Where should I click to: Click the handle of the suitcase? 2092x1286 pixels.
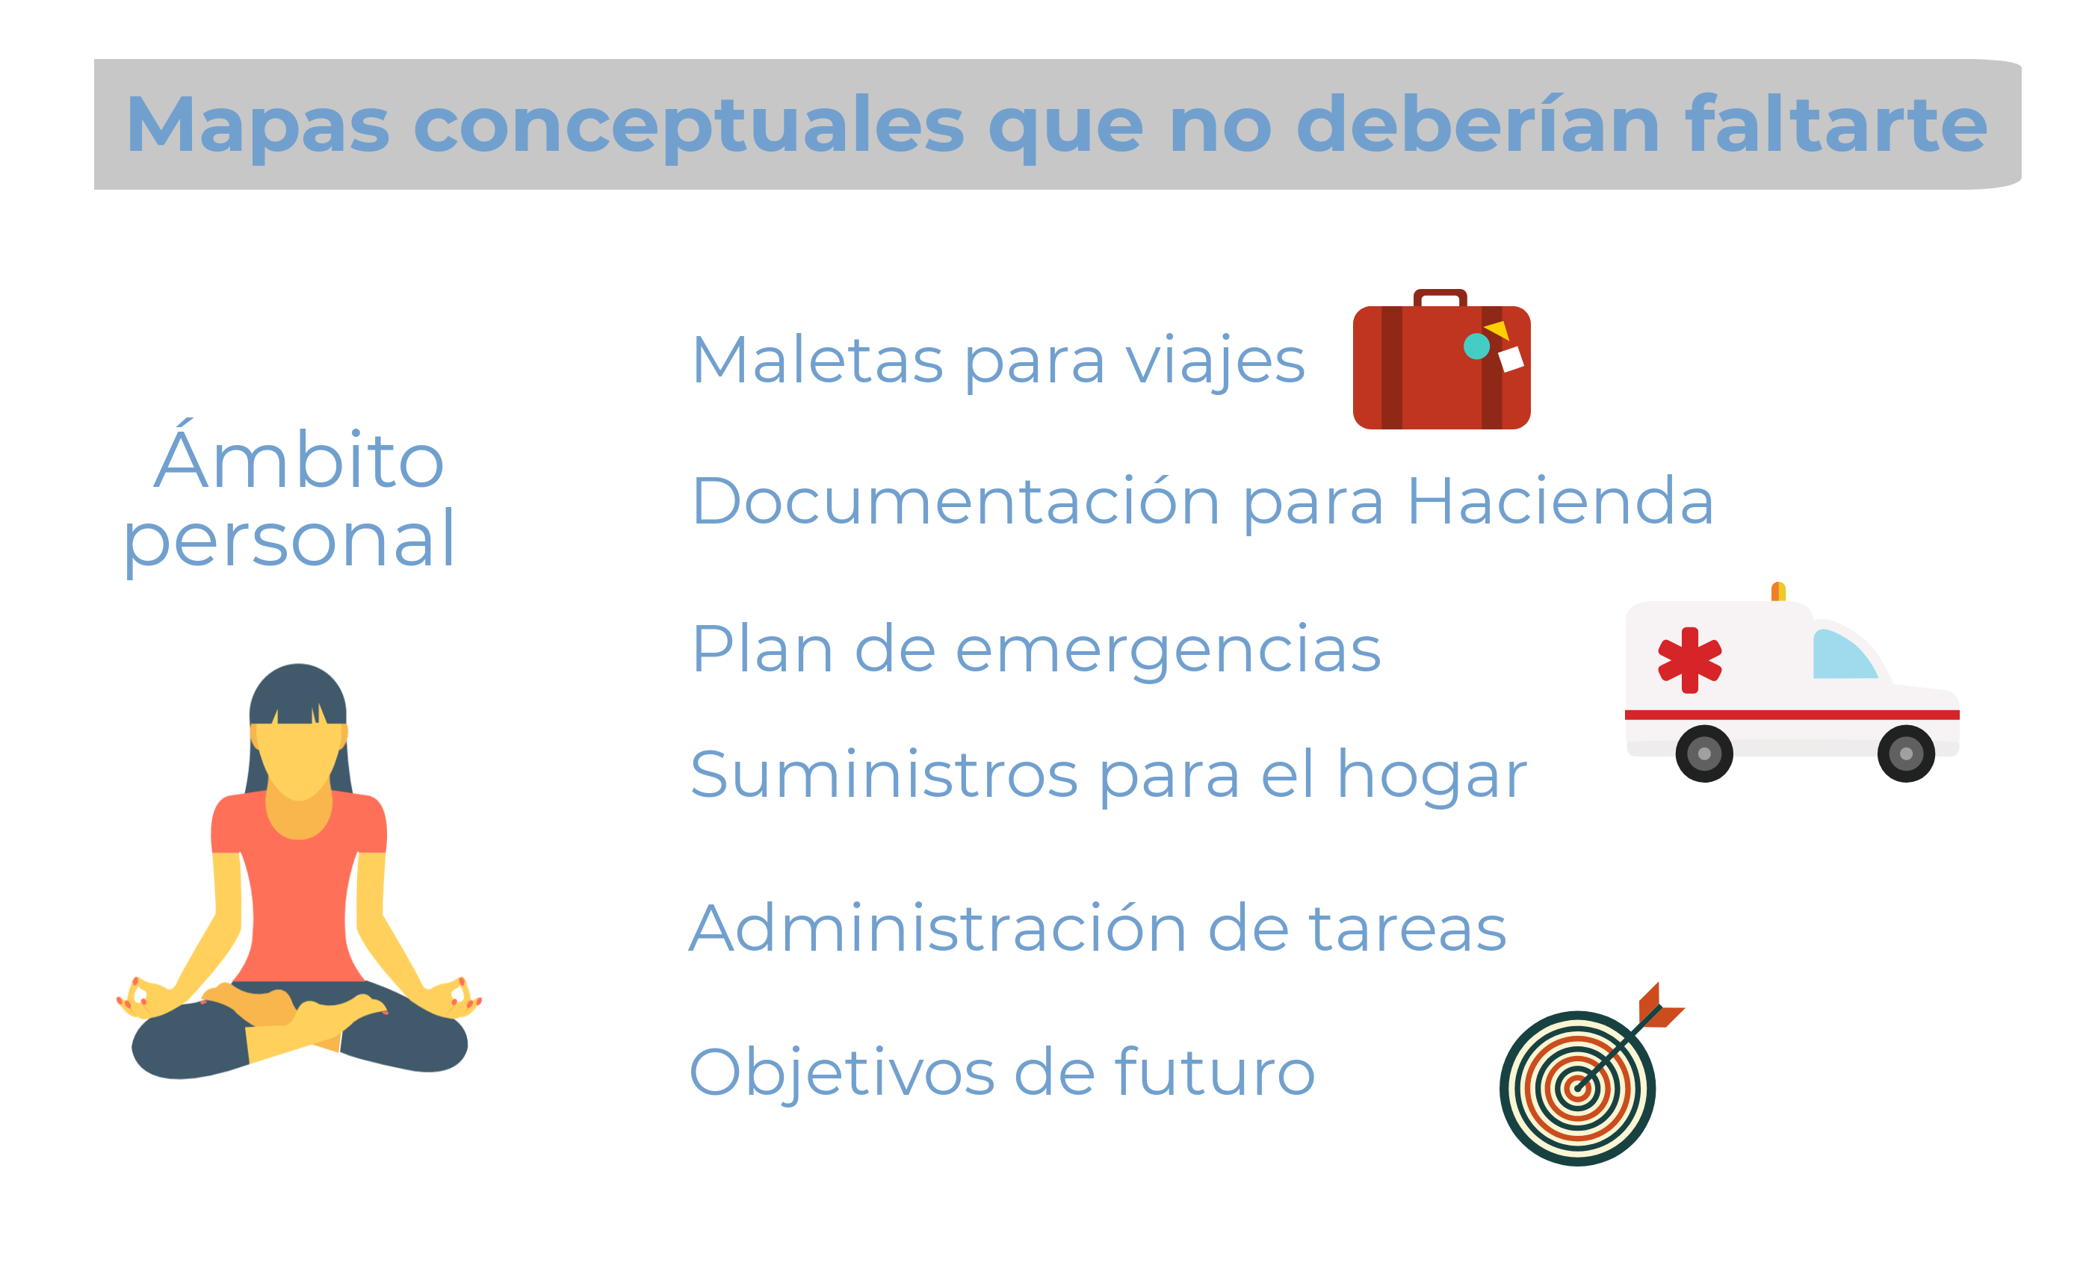pos(1440,298)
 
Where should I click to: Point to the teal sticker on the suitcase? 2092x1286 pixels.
pos(1476,347)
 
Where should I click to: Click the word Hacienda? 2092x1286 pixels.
pos(1560,501)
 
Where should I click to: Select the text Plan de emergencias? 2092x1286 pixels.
pos(1036,650)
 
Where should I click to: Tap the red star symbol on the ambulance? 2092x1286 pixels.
pos(1689,660)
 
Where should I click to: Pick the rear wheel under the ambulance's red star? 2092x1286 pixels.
pos(1703,754)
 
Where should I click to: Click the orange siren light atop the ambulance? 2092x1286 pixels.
pos(1777,592)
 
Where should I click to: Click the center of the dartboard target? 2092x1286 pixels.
pos(1577,1088)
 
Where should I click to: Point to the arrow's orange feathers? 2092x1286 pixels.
pos(1660,1006)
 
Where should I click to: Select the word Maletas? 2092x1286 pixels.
pos(817,361)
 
